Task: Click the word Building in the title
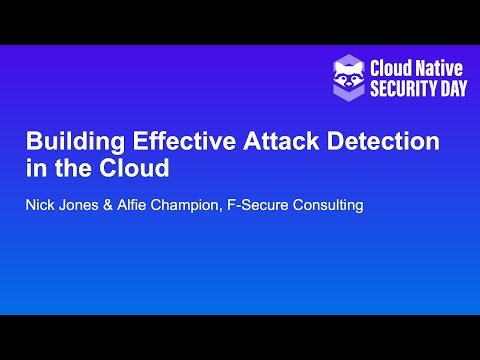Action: (67, 142)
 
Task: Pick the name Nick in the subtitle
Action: (41, 206)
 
